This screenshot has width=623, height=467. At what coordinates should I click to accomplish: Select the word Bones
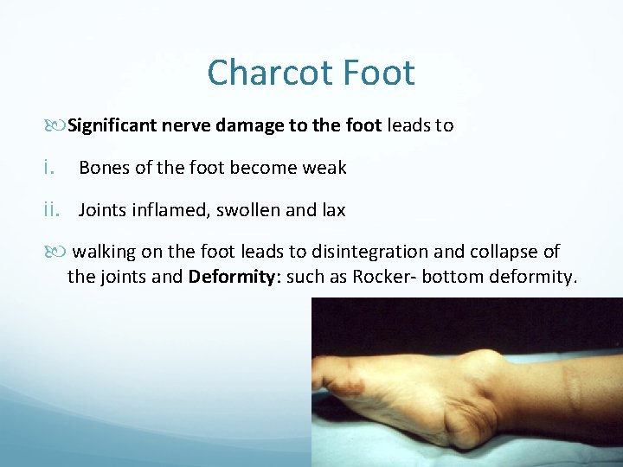(x=102, y=168)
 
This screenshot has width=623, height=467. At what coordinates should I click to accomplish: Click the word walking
(x=103, y=253)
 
